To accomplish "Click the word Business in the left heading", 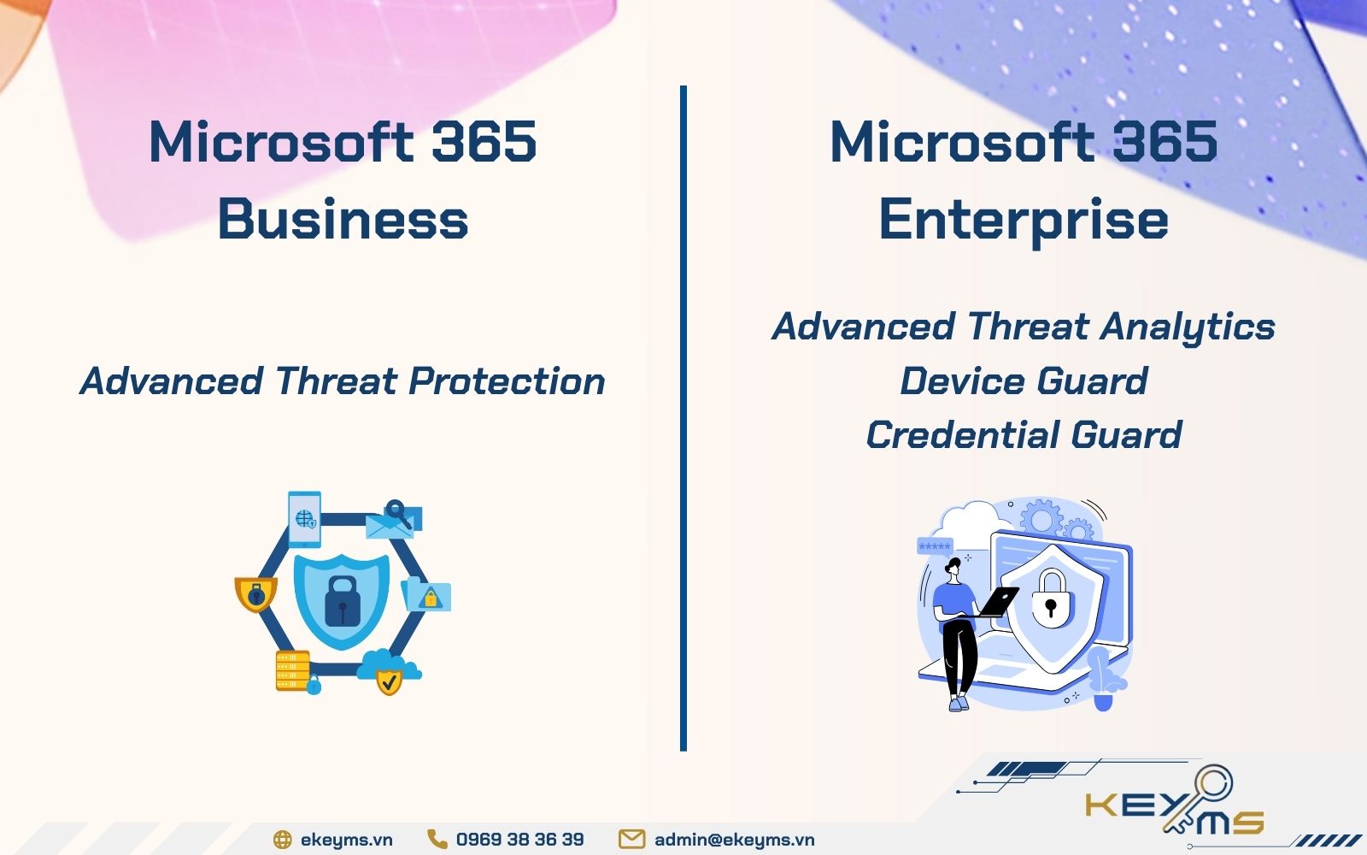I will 343,219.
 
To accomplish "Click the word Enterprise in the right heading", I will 1023,219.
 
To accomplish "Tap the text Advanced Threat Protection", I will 343,381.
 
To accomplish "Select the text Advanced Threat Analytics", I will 1023,327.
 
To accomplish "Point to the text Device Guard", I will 1023,381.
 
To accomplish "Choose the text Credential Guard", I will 1023,435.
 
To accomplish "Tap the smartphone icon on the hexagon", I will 304,518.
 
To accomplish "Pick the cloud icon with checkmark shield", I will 389,671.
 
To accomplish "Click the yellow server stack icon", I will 293,670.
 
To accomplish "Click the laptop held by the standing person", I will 998,601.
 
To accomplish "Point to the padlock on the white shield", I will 1050,598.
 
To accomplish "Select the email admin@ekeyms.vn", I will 734,840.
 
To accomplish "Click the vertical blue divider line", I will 683,419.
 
